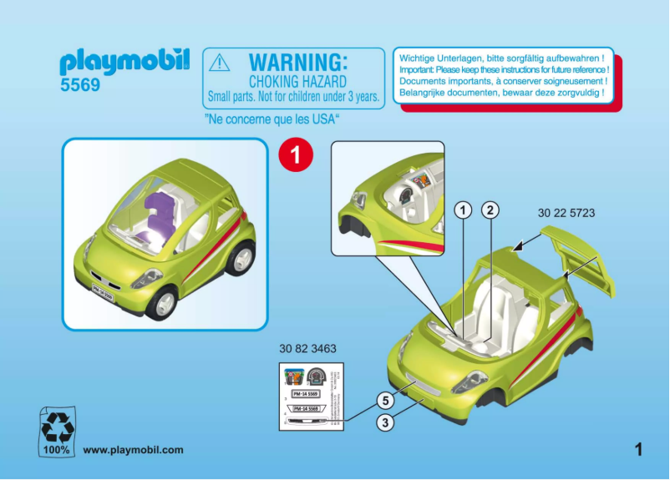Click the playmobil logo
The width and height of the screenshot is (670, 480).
click(x=125, y=62)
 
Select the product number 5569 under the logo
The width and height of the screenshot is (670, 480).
click(x=81, y=85)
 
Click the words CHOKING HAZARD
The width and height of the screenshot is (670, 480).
click(x=297, y=82)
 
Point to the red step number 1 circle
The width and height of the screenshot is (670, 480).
click(x=295, y=154)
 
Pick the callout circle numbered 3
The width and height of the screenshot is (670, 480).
click(x=385, y=423)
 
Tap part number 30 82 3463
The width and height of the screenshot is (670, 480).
click(x=308, y=348)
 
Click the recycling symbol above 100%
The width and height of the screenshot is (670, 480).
click(x=58, y=425)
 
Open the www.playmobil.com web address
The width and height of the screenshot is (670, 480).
click(x=133, y=450)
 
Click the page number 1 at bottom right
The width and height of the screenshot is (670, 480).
click(x=639, y=450)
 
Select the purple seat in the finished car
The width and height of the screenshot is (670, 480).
click(x=156, y=220)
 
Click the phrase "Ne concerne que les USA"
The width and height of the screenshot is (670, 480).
click(x=277, y=119)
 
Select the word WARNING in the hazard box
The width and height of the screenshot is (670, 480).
click(x=297, y=62)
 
